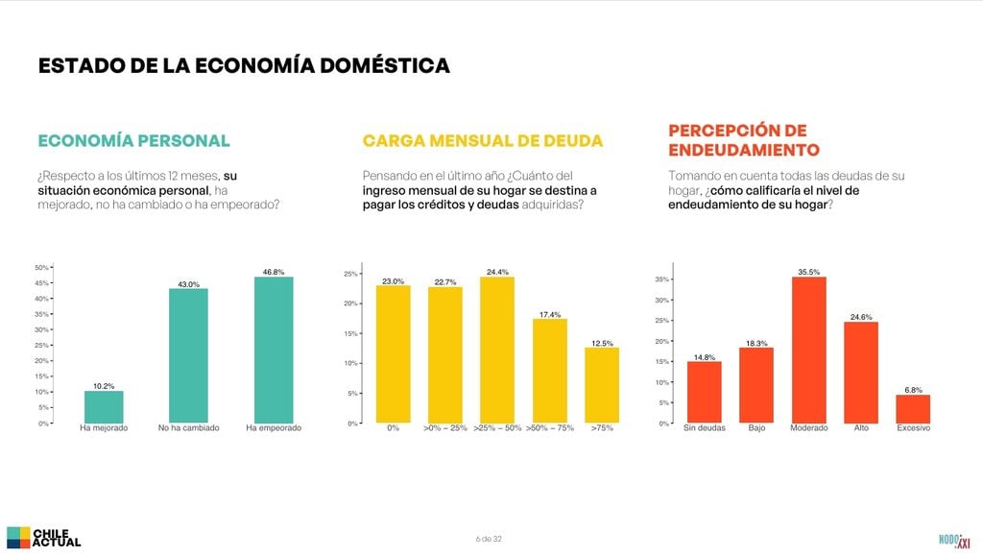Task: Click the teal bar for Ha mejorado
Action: pyautogui.click(x=104, y=407)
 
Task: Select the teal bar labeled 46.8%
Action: pyautogui.click(x=274, y=350)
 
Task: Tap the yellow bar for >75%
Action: pyautogui.click(x=602, y=385)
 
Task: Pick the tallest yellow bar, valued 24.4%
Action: pyautogui.click(x=497, y=350)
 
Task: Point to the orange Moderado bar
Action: pyautogui.click(x=808, y=350)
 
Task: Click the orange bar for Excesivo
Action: pyautogui.click(x=913, y=409)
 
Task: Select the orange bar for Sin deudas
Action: pyautogui.click(x=704, y=393)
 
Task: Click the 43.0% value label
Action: pyautogui.click(x=189, y=284)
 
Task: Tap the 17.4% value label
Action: pyautogui.click(x=550, y=314)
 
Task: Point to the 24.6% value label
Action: pyautogui.click(x=861, y=317)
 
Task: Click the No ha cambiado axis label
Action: pyautogui.click(x=189, y=427)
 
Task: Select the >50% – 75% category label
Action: pyautogui.click(x=550, y=427)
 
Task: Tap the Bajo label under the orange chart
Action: pyautogui.click(x=756, y=427)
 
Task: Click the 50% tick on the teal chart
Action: pyautogui.click(x=41, y=267)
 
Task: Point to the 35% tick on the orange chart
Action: pyautogui.click(x=662, y=279)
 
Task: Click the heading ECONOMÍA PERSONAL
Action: pyautogui.click(x=134, y=140)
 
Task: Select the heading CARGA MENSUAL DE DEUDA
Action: pyautogui.click(x=483, y=140)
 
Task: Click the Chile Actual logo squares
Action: pyautogui.click(x=18, y=538)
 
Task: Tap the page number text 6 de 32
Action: pyautogui.click(x=489, y=539)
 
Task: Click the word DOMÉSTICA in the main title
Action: pyautogui.click(x=385, y=66)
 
